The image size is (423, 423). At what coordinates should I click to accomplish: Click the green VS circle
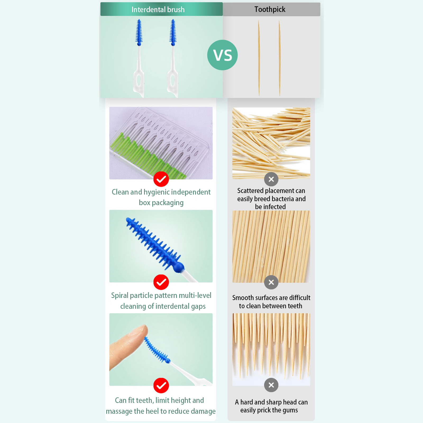pyautogui.click(x=222, y=55)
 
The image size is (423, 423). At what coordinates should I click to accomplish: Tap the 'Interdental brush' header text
pyautogui.click(x=158, y=10)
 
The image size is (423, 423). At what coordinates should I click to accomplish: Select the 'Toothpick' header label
pyautogui.click(x=270, y=10)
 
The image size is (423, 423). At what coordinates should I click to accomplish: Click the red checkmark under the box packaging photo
pyautogui.click(x=161, y=179)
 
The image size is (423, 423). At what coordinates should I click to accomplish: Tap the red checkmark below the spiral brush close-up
pyautogui.click(x=161, y=282)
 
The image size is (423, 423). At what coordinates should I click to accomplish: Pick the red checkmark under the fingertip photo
pyautogui.click(x=161, y=386)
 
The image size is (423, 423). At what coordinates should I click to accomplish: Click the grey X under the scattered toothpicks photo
pyautogui.click(x=271, y=179)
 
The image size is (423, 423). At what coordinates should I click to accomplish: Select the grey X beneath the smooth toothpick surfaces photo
pyautogui.click(x=271, y=282)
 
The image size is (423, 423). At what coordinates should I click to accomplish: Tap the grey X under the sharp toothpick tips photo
pyautogui.click(x=271, y=385)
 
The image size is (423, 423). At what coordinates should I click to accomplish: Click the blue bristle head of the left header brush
pyautogui.click(x=139, y=32)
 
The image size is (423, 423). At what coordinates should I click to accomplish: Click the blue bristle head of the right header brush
pyautogui.click(x=173, y=32)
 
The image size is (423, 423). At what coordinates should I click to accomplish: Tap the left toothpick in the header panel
pyautogui.click(x=259, y=58)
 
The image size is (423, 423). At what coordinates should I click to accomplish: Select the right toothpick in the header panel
pyautogui.click(x=279, y=58)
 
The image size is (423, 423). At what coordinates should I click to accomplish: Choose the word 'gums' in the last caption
pyautogui.click(x=290, y=411)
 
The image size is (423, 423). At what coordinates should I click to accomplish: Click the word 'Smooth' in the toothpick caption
pyautogui.click(x=243, y=298)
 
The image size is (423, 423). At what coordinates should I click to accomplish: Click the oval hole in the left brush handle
pyautogui.click(x=139, y=79)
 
